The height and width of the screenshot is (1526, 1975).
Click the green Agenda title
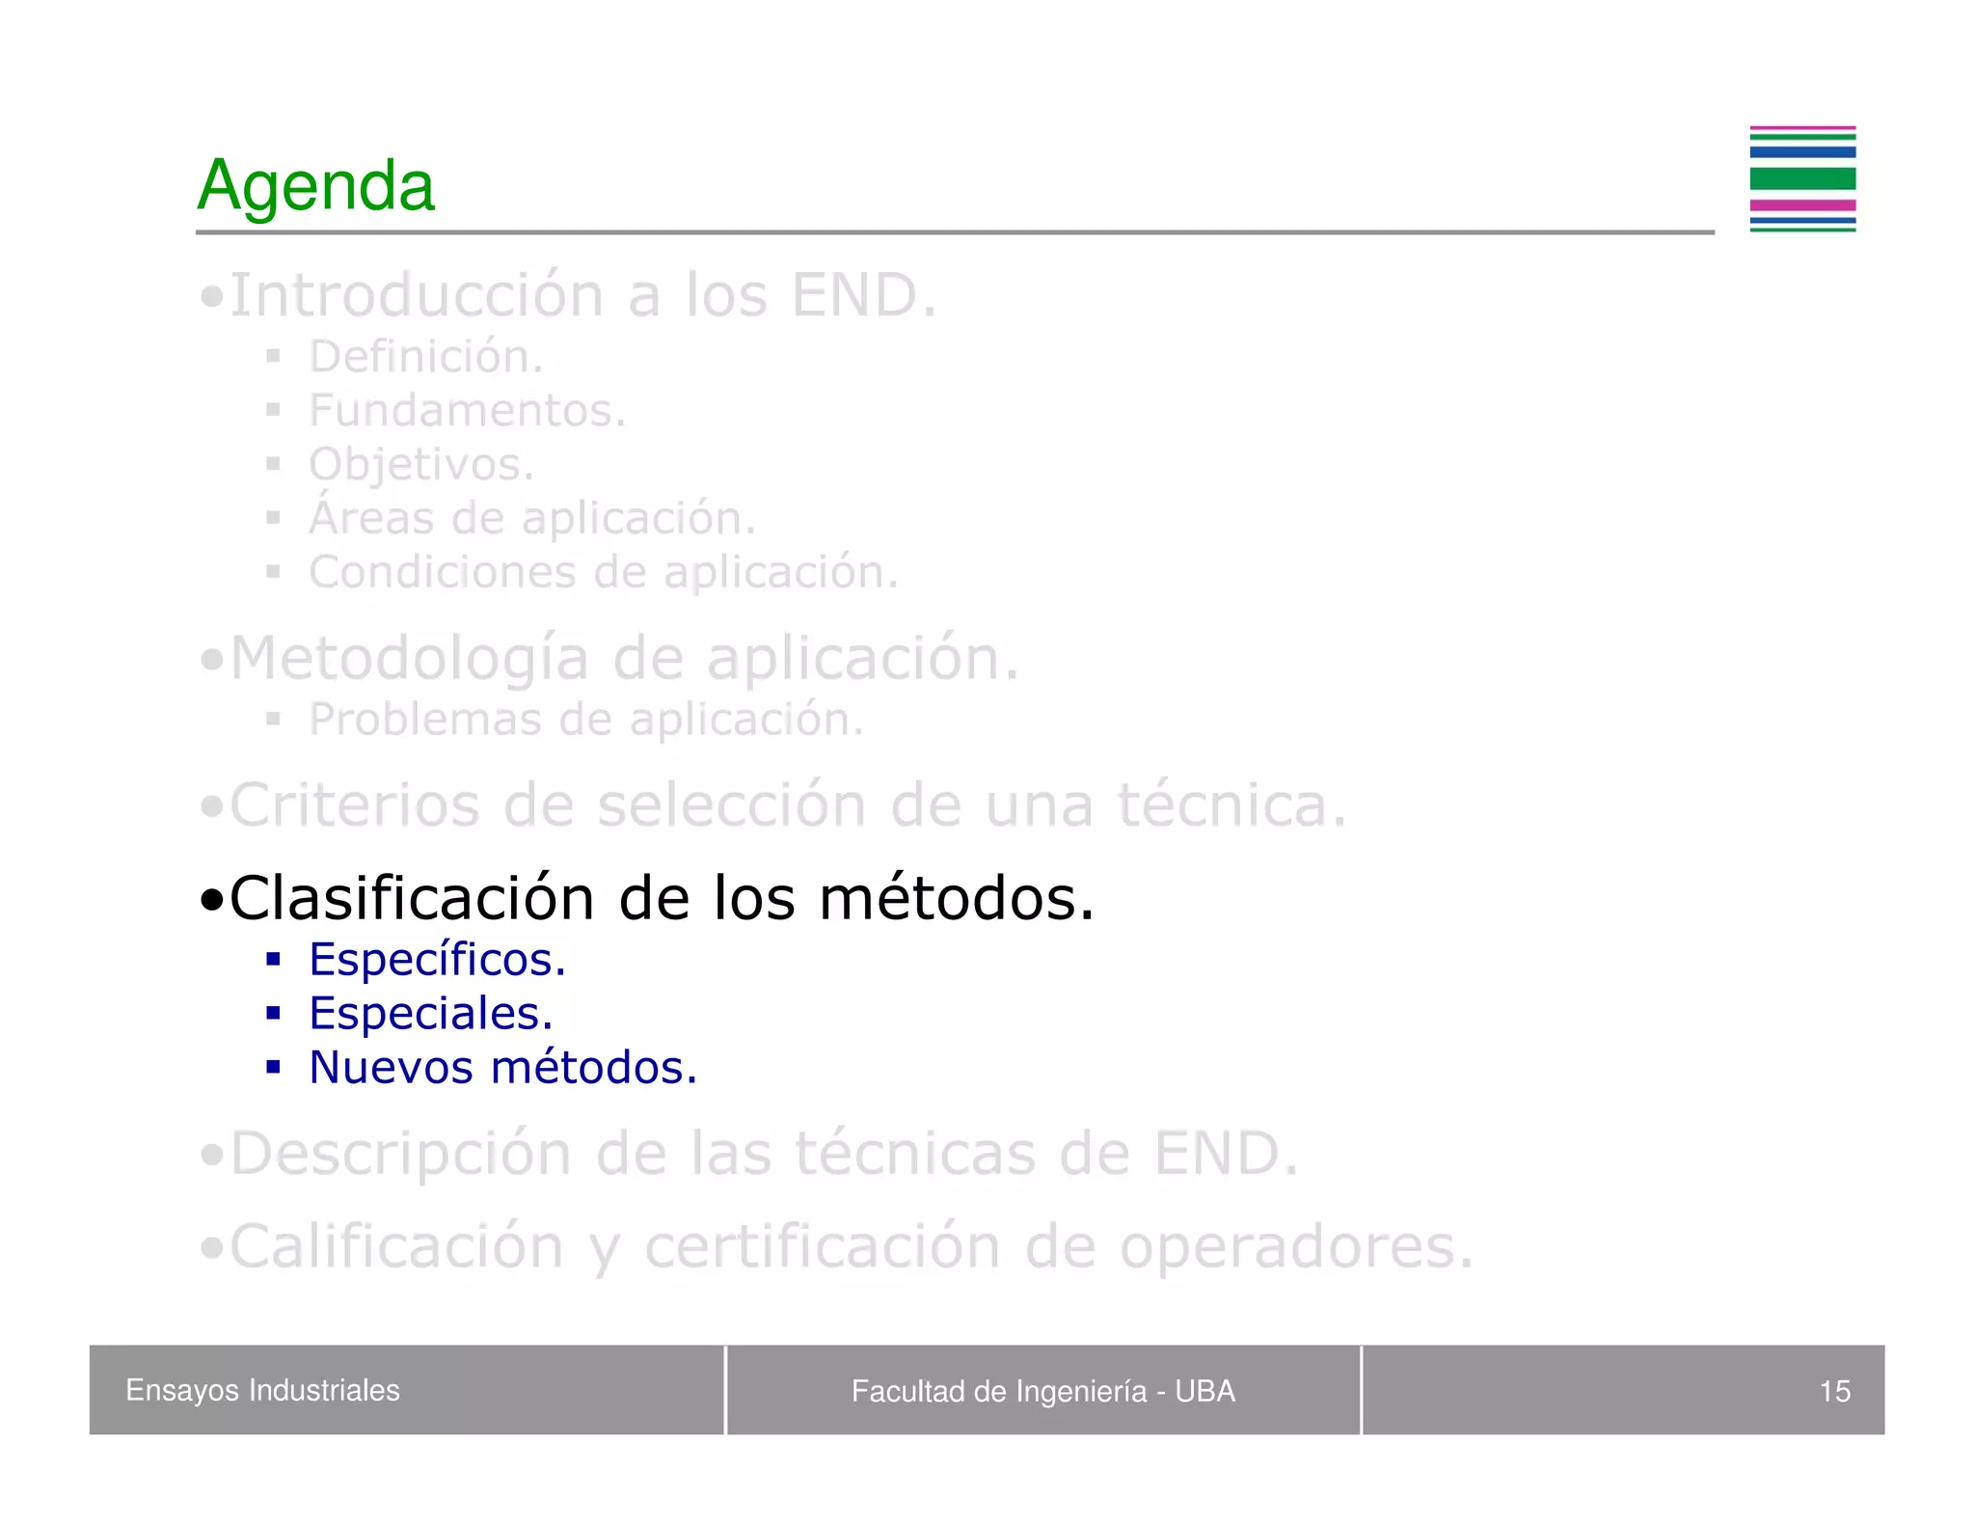(x=315, y=185)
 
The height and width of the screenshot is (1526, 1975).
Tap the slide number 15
(x=1833, y=1391)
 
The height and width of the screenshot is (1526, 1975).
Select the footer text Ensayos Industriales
(x=262, y=1390)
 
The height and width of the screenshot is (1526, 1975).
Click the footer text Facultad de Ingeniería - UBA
(x=1042, y=1391)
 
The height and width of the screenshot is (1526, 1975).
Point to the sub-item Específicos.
(x=437, y=960)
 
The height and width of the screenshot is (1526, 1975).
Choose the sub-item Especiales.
(x=430, y=1014)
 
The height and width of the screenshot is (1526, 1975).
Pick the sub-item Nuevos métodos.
(x=502, y=1068)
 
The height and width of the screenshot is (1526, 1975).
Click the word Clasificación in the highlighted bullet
(x=412, y=898)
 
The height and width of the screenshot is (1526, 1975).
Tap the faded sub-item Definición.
(x=425, y=357)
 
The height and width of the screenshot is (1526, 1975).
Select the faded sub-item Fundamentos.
(x=467, y=411)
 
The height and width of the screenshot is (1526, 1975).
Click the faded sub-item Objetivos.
(x=420, y=465)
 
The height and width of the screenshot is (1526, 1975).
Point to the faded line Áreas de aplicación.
(x=531, y=518)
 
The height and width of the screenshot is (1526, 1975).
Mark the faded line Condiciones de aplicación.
(x=603, y=572)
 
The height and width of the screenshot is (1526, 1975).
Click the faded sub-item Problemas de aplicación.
(x=585, y=720)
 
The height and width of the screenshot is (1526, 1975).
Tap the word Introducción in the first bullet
(x=417, y=295)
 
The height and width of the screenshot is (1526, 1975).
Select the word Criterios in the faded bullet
(x=354, y=804)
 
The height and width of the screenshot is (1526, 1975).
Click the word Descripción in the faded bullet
(x=400, y=1153)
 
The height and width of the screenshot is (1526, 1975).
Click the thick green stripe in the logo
(x=1801, y=178)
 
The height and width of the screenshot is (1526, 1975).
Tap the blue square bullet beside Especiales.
(x=274, y=1014)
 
